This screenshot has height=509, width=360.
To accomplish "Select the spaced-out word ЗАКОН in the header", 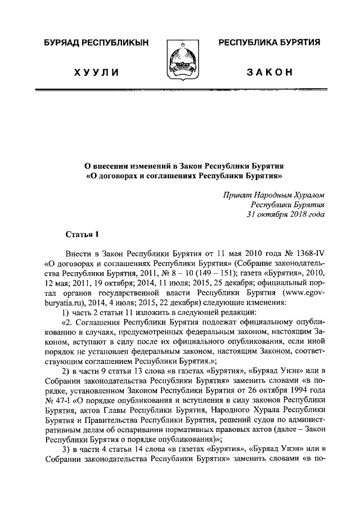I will pos(269,73).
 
